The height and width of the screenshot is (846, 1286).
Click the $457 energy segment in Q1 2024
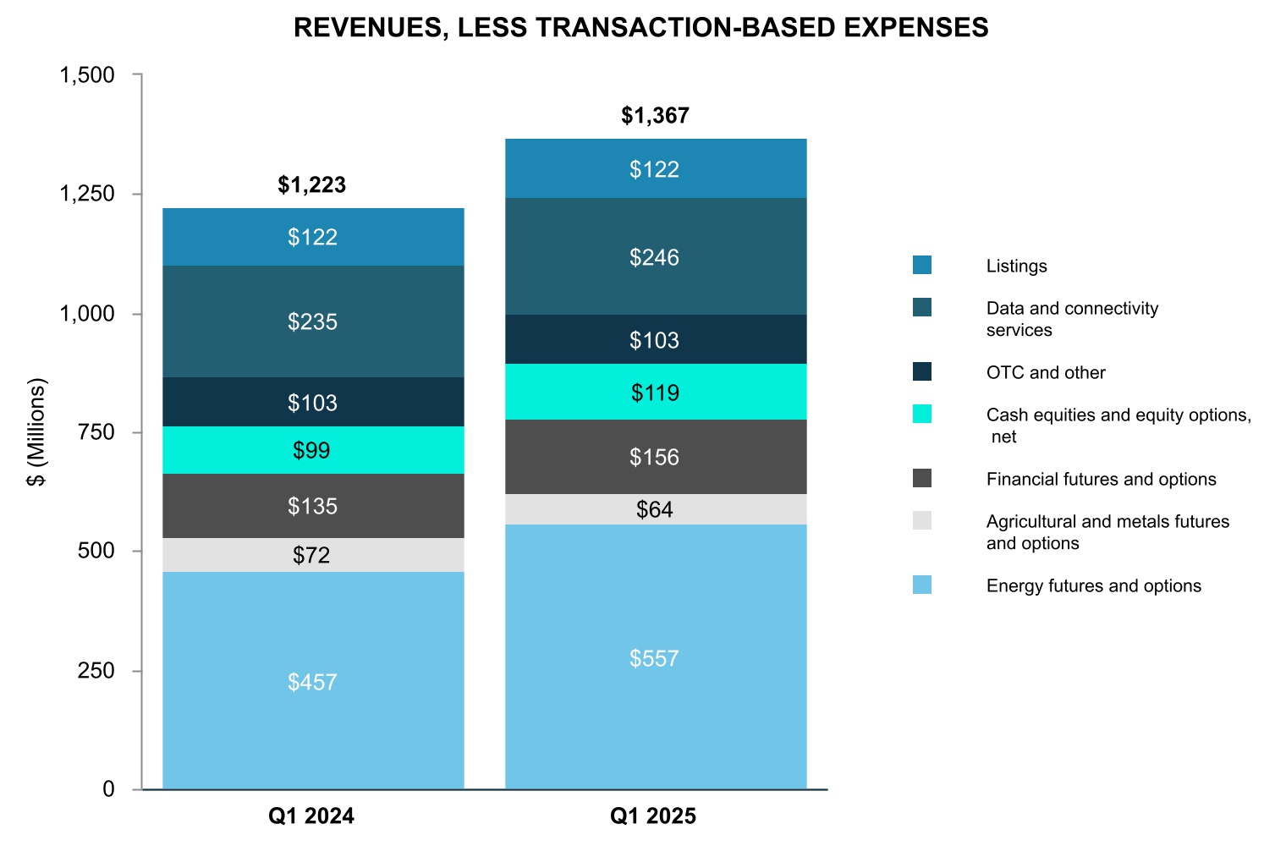point(313,681)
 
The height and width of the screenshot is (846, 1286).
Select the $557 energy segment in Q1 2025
point(655,657)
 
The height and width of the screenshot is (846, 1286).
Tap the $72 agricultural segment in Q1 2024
point(313,555)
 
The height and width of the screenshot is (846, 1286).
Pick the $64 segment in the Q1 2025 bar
point(655,509)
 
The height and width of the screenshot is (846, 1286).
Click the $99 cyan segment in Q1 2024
point(313,450)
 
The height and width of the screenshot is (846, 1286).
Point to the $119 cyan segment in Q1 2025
point(655,393)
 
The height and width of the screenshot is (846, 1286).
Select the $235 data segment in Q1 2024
point(313,321)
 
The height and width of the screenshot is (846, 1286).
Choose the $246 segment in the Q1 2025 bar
point(655,257)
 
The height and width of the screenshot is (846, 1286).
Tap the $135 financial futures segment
point(313,506)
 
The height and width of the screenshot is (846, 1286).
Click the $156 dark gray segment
point(655,457)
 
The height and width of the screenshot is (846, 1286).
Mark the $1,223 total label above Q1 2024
point(312,185)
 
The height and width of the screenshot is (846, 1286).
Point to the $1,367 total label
point(655,116)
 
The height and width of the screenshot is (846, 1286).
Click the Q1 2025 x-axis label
point(653,816)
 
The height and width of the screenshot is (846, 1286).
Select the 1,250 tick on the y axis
point(86,195)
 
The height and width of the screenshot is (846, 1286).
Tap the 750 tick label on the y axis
point(96,432)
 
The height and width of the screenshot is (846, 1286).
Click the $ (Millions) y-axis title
point(37,431)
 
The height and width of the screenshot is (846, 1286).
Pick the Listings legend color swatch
point(922,266)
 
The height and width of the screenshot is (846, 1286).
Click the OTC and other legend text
point(1046,373)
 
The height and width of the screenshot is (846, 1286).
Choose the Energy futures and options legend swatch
point(922,585)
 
